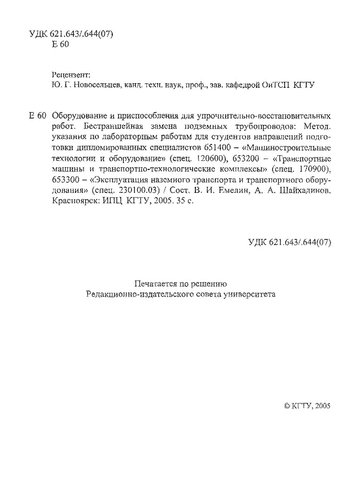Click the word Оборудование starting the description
[x=77, y=115]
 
